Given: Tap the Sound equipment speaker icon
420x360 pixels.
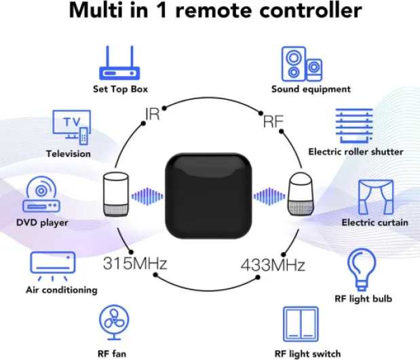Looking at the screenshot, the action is tap(302, 64).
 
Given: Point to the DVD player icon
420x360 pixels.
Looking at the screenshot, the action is tap(41, 194).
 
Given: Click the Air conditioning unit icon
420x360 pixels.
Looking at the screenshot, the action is tap(52, 266).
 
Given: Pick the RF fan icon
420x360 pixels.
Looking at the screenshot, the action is tap(114, 322).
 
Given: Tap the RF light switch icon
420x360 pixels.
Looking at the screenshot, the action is tap(301, 324).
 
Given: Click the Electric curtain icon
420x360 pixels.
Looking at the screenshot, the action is tap(376, 197).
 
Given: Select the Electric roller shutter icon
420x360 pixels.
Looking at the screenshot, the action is tap(354, 126).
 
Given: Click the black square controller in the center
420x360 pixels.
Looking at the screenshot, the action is tap(208, 196).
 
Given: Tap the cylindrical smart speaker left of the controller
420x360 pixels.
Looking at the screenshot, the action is tap(116, 195).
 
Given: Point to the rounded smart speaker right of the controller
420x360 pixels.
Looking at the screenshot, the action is tap(301, 194).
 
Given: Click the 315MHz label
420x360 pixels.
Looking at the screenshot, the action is tap(135, 264).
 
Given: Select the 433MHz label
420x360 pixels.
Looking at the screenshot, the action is tap(273, 265).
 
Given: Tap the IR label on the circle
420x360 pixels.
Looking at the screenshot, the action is tap(152, 114).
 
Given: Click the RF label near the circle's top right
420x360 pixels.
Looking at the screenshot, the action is tap(273, 122).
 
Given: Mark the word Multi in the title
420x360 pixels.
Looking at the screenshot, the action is tap(96, 10).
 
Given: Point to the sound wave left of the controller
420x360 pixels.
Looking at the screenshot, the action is tap(147, 196).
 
